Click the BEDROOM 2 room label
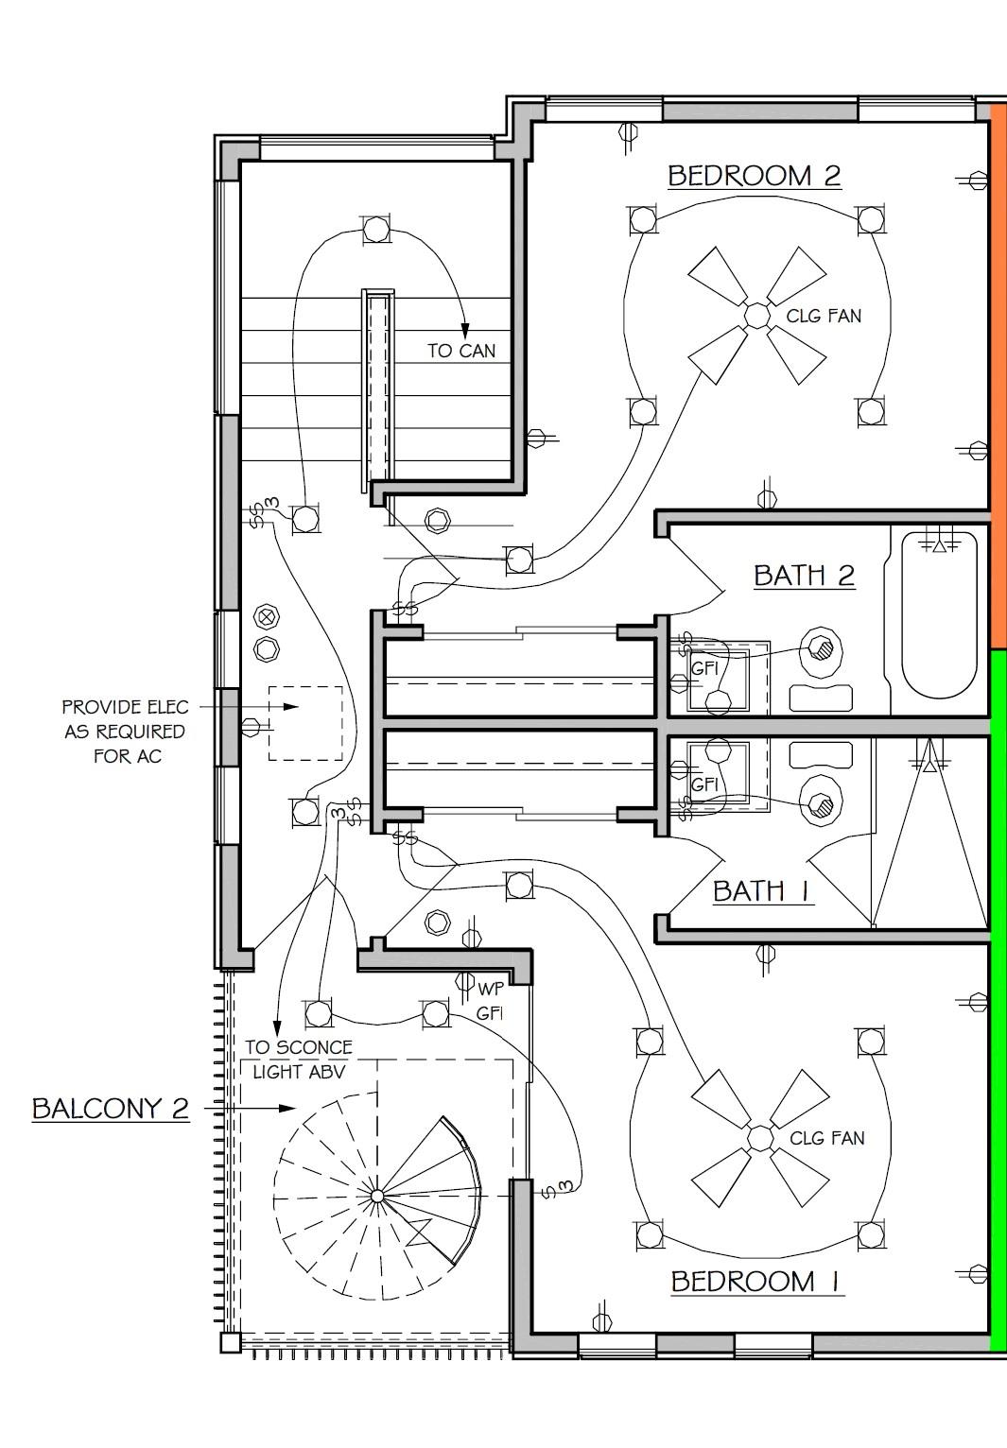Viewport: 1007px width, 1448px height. point(755,176)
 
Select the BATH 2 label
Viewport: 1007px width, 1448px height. point(805,576)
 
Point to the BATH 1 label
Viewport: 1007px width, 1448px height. point(762,891)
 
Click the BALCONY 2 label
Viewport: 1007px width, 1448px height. point(111,1109)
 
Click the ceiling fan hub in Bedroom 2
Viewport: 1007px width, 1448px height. point(756,316)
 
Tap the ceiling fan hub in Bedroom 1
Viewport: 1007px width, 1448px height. point(760,1138)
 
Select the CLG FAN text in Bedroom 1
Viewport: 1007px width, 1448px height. point(827,1138)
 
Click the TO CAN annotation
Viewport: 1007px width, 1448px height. point(461,351)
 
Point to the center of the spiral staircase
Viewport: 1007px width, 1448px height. point(377,1197)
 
